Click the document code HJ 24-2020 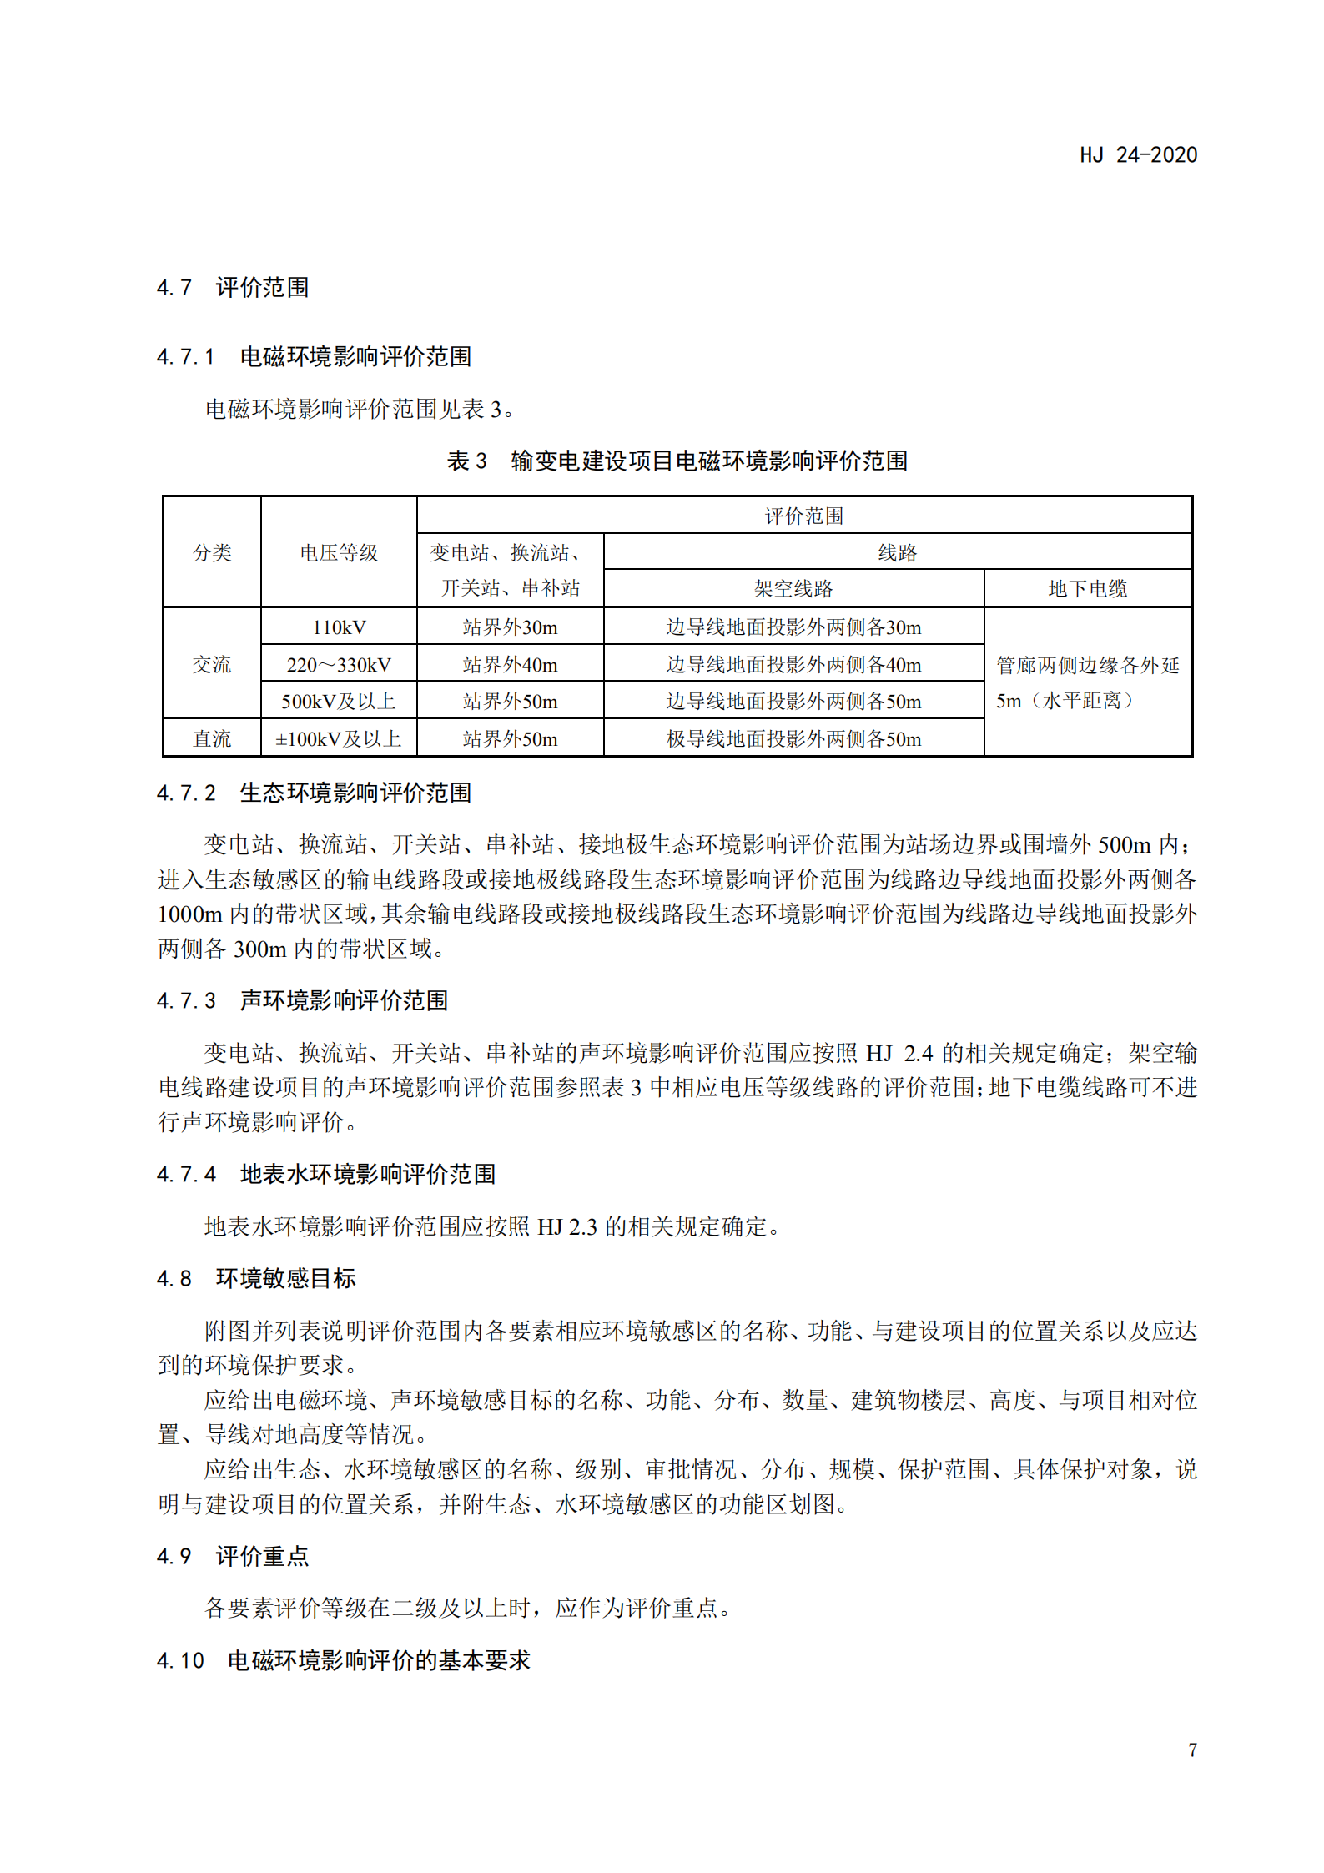pos(1138,155)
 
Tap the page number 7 pos(1192,1750)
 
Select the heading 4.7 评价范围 pos(233,288)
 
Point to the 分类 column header pos(212,552)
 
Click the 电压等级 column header pos(339,552)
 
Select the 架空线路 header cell pos(793,588)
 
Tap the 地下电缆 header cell pos(1087,588)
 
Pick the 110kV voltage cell pos(339,627)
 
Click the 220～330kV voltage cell pos(339,664)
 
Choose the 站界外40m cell pos(510,664)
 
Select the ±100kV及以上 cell pos(339,738)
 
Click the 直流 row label pos(212,738)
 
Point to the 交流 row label pos(212,664)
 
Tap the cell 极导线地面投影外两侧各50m pos(793,738)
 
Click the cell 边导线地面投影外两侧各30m pos(793,627)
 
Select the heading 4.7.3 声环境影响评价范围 pos(302,1000)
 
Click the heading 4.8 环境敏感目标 pos(256,1278)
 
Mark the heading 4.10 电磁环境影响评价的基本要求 pos(343,1660)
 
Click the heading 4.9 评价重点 pos(233,1556)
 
